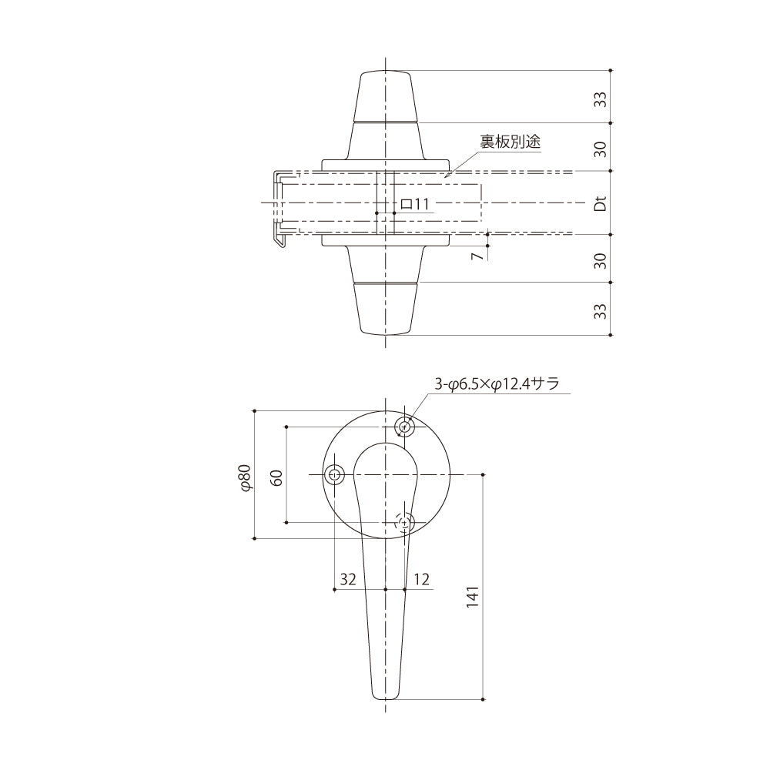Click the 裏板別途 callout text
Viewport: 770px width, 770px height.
[x=511, y=142]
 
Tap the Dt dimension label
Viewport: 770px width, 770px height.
[x=600, y=203]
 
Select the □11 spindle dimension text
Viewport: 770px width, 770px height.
[x=415, y=203]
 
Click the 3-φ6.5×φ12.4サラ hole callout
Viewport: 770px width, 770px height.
[x=497, y=383]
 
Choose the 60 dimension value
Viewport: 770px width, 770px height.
[x=277, y=477]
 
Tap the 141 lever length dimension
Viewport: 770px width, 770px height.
[x=473, y=598]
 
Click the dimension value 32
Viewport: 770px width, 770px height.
[x=348, y=580]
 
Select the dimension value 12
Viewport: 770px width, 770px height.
[x=421, y=580]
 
